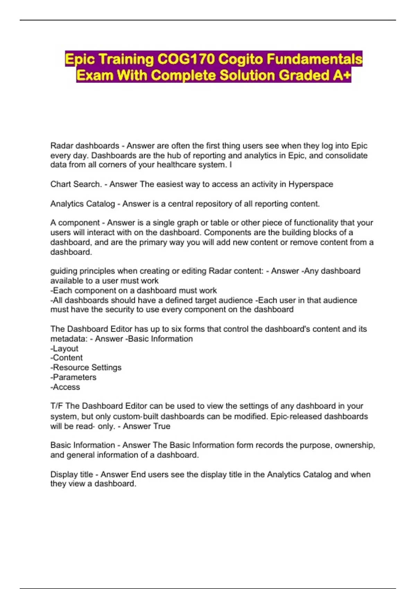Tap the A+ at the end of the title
point(341,75)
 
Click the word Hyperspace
point(311,184)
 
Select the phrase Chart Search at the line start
point(75,184)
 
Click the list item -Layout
point(64,349)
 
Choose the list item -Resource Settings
point(86,367)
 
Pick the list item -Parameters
point(73,377)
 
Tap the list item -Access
point(65,387)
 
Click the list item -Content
point(67,358)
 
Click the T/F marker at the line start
point(57,406)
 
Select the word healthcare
point(178,165)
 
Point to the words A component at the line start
point(75,223)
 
